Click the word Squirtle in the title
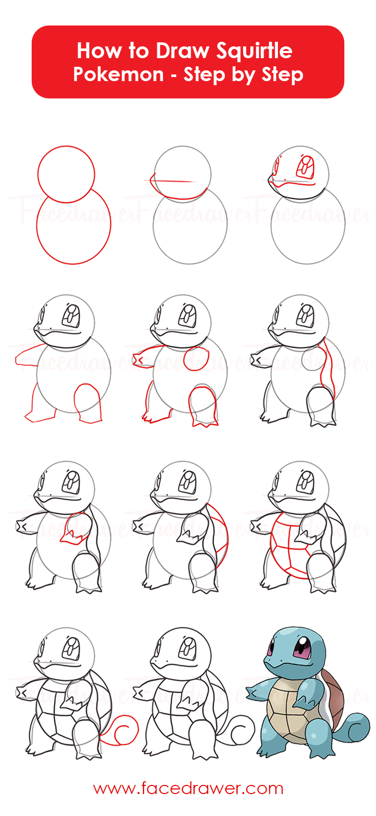click(254, 51)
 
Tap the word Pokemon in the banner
click(118, 74)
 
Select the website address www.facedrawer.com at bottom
click(188, 788)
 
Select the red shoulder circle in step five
click(196, 359)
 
